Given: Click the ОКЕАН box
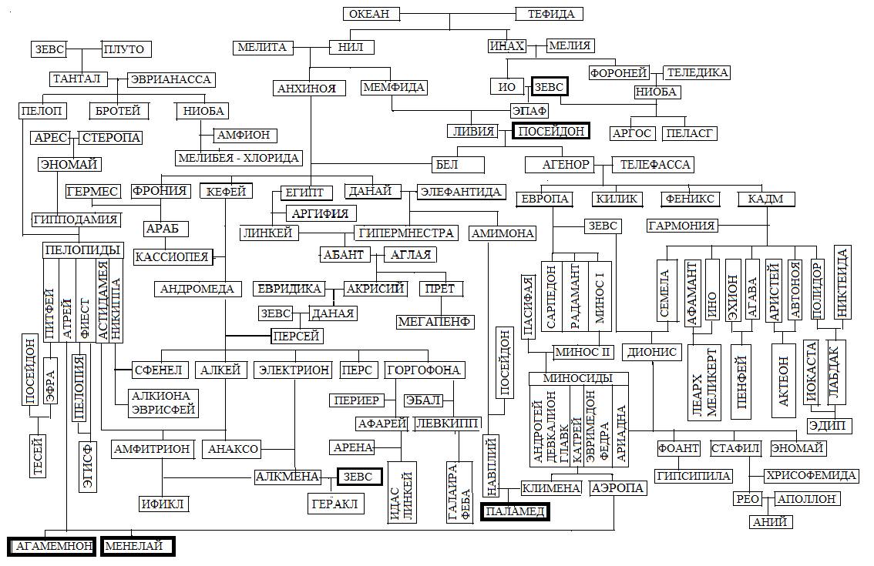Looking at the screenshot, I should pyautogui.click(x=370, y=14).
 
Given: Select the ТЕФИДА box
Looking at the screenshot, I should pyautogui.click(x=550, y=14).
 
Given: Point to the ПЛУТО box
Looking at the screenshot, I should pyautogui.click(x=123, y=49).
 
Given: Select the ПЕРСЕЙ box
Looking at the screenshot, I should pyautogui.click(x=295, y=337).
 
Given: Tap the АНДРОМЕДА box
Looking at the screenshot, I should pyautogui.click(x=196, y=289).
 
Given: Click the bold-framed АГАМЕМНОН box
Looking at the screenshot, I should pyautogui.click(x=54, y=546).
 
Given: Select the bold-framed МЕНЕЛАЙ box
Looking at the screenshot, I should pyautogui.click(x=136, y=546).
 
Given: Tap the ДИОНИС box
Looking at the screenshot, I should pyautogui.click(x=652, y=352).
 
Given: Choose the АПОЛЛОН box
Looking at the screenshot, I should pyautogui.click(x=806, y=499).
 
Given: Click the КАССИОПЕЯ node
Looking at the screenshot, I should pyautogui.click(x=172, y=256).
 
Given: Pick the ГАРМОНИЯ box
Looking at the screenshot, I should pyautogui.click(x=682, y=226).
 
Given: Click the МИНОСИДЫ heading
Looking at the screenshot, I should pyautogui.click(x=577, y=378).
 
